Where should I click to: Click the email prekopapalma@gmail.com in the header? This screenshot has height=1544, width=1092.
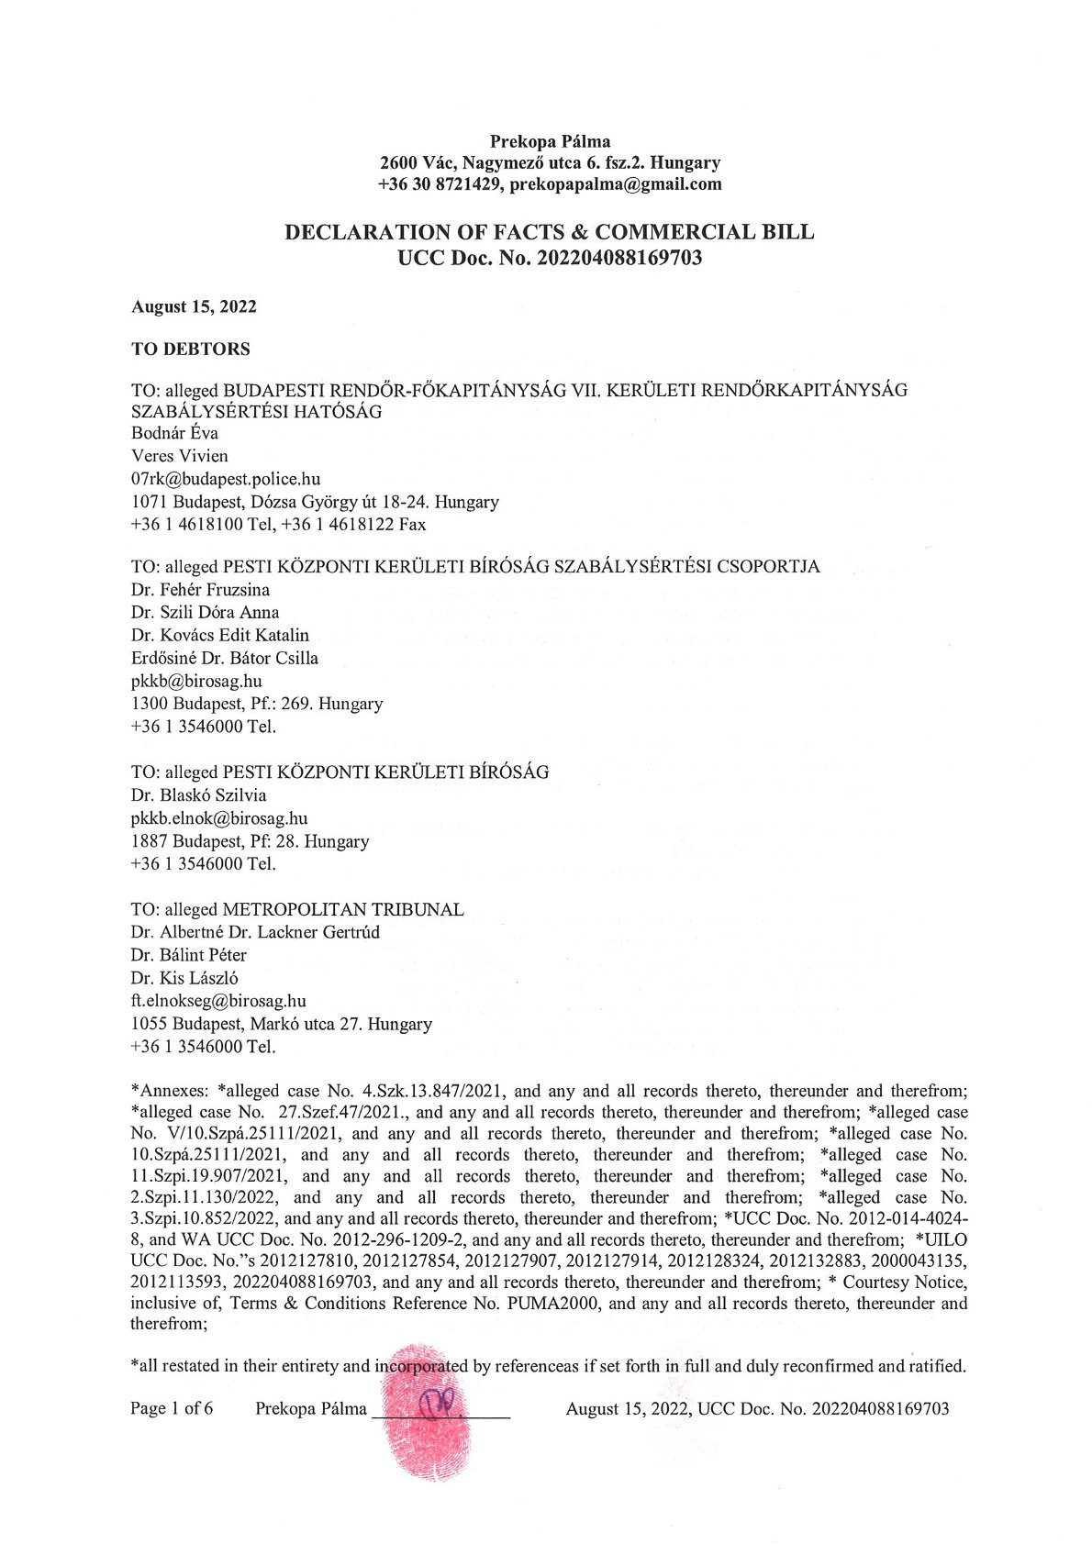pyautogui.click(x=616, y=184)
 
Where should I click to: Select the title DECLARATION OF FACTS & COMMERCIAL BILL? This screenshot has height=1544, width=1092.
pyautogui.click(x=549, y=232)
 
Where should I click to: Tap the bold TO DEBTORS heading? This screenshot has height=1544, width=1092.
pyautogui.click(x=191, y=350)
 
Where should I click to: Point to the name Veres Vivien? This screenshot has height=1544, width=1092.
pyautogui.click(x=180, y=456)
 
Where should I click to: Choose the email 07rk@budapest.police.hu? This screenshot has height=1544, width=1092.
pyautogui.click(x=226, y=479)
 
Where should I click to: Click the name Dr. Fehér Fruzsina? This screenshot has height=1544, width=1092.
pyautogui.click(x=201, y=590)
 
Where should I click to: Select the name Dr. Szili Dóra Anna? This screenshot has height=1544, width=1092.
pyautogui.click(x=206, y=613)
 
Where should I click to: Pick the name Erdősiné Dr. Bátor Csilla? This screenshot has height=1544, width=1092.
pyautogui.click(x=225, y=659)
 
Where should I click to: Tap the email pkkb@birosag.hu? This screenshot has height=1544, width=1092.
pyautogui.click(x=196, y=682)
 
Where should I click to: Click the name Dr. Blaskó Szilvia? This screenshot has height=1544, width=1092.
pyautogui.click(x=199, y=795)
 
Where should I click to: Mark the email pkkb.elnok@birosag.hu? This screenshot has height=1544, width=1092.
pyautogui.click(x=219, y=818)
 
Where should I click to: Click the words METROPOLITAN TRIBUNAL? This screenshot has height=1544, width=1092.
pyautogui.click(x=343, y=910)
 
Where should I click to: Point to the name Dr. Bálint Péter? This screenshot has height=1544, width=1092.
pyautogui.click(x=189, y=956)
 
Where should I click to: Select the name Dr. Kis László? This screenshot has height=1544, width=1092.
pyautogui.click(x=184, y=979)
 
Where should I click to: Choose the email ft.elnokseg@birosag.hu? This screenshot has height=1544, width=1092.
pyautogui.click(x=218, y=1002)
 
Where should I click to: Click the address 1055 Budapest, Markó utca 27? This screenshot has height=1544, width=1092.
pyautogui.click(x=246, y=1024)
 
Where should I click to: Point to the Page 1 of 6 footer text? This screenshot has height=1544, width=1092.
pyautogui.click(x=172, y=1409)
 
